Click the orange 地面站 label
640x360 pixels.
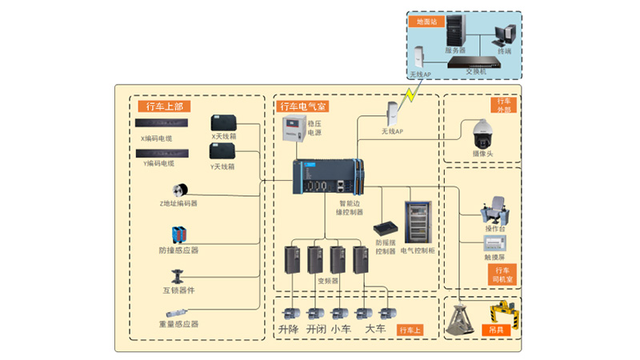(423, 22)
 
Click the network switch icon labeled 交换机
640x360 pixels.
(474, 60)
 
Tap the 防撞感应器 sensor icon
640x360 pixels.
(178, 235)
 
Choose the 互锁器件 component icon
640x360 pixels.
(178, 274)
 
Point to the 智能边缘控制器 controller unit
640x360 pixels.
(328, 178)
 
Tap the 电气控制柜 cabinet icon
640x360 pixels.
(418, 221)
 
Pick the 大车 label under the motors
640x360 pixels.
(375, 329)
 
